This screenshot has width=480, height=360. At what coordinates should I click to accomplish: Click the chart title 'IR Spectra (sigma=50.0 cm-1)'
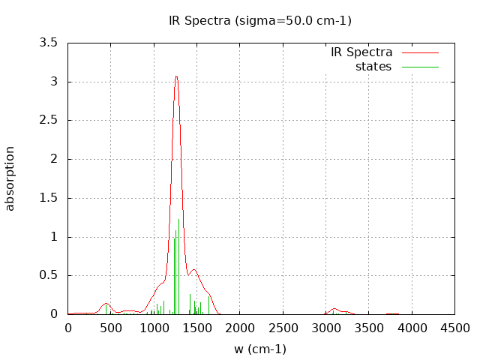(x=260, y=20)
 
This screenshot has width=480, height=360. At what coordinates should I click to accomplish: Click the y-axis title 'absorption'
(x=10, y=178)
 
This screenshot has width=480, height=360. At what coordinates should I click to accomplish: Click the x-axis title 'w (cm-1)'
(x=260, y=349)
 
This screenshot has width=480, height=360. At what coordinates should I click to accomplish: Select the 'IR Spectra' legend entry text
(x=361, y=52)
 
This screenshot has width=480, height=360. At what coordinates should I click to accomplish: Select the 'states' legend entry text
(x=373, y=67)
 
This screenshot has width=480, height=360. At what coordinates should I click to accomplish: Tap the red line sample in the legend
(x=420, y=53)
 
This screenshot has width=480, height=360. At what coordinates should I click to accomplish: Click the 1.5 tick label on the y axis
(x=49, y=198)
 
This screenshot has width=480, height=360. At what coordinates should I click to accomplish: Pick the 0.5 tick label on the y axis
(x=49, y=275)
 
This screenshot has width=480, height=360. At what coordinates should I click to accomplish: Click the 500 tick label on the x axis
(x=111, y=328)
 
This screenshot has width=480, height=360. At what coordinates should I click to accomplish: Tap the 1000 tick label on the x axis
(x=154, y=328)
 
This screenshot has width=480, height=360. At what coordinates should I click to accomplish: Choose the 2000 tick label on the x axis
(x=240, y=328)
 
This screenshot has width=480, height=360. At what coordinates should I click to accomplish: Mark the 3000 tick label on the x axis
(x=325, y=328)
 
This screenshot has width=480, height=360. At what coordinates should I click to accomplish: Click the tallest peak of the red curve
(x=176, y=76)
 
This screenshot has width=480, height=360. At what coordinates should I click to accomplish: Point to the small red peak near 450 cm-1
(x=106, y=303)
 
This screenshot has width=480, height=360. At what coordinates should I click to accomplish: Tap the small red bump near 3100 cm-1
(x=334, y=309)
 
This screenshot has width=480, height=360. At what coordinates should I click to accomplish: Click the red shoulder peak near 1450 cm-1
(x=193, y=270)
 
